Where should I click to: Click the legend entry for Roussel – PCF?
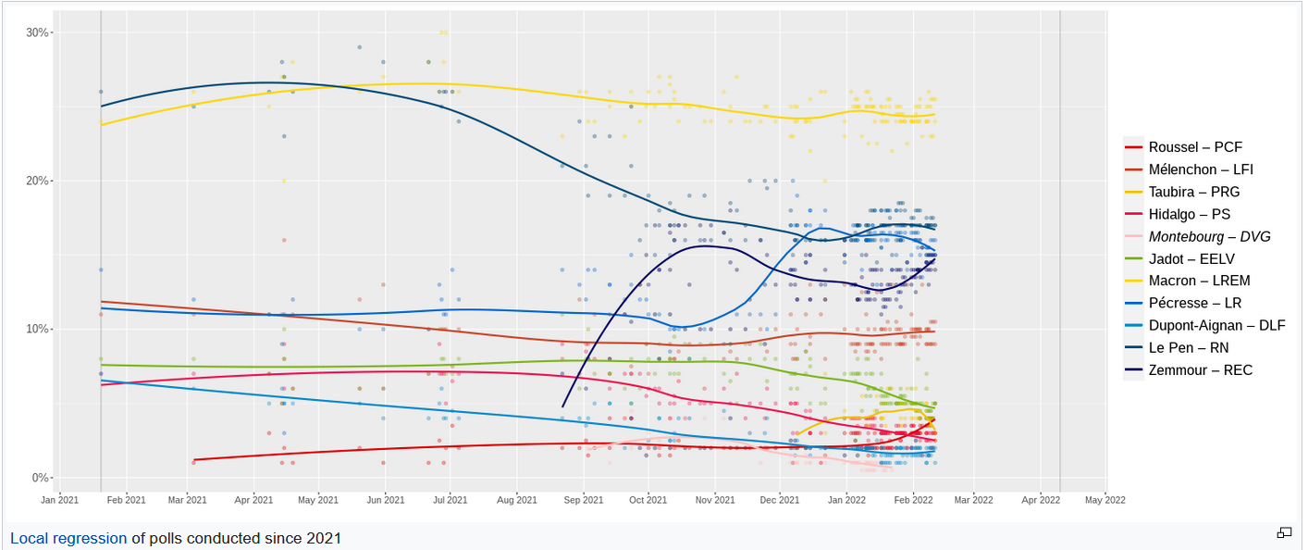pos(1195,147)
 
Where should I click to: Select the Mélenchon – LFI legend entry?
pos(1201,169)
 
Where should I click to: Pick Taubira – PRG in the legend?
pos(1194,192)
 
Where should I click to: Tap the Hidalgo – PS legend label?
pos(1189,214)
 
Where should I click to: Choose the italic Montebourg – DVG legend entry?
pos(1209,236)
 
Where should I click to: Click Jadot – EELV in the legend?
pos(1191,259)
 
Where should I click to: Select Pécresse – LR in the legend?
pos(1195,304)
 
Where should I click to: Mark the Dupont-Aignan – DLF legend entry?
pos(1216,326)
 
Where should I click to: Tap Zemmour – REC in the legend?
pos(1201,370)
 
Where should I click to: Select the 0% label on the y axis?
pos(41,478)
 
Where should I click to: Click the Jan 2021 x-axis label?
pos(60,500)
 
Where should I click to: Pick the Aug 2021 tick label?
pos(517,500)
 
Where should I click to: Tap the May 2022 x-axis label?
pos(1105,500)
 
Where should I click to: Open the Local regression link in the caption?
pos(68,538)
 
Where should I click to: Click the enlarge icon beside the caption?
pos(1284,532)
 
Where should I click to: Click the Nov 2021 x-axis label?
pos(715,500)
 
